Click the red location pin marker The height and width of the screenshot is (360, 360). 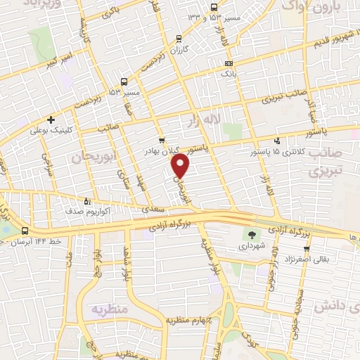pyautogui.click(x=181, y=166)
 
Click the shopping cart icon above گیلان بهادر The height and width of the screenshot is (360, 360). pyautogui.click(x=162, y=140)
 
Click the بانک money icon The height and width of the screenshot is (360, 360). pyautogui.click(x=229, y=65)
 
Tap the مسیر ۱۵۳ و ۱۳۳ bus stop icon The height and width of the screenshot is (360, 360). pyautogui.click(x=179, y=37)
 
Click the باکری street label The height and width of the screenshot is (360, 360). pyautogui.click(x=111, y=12)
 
